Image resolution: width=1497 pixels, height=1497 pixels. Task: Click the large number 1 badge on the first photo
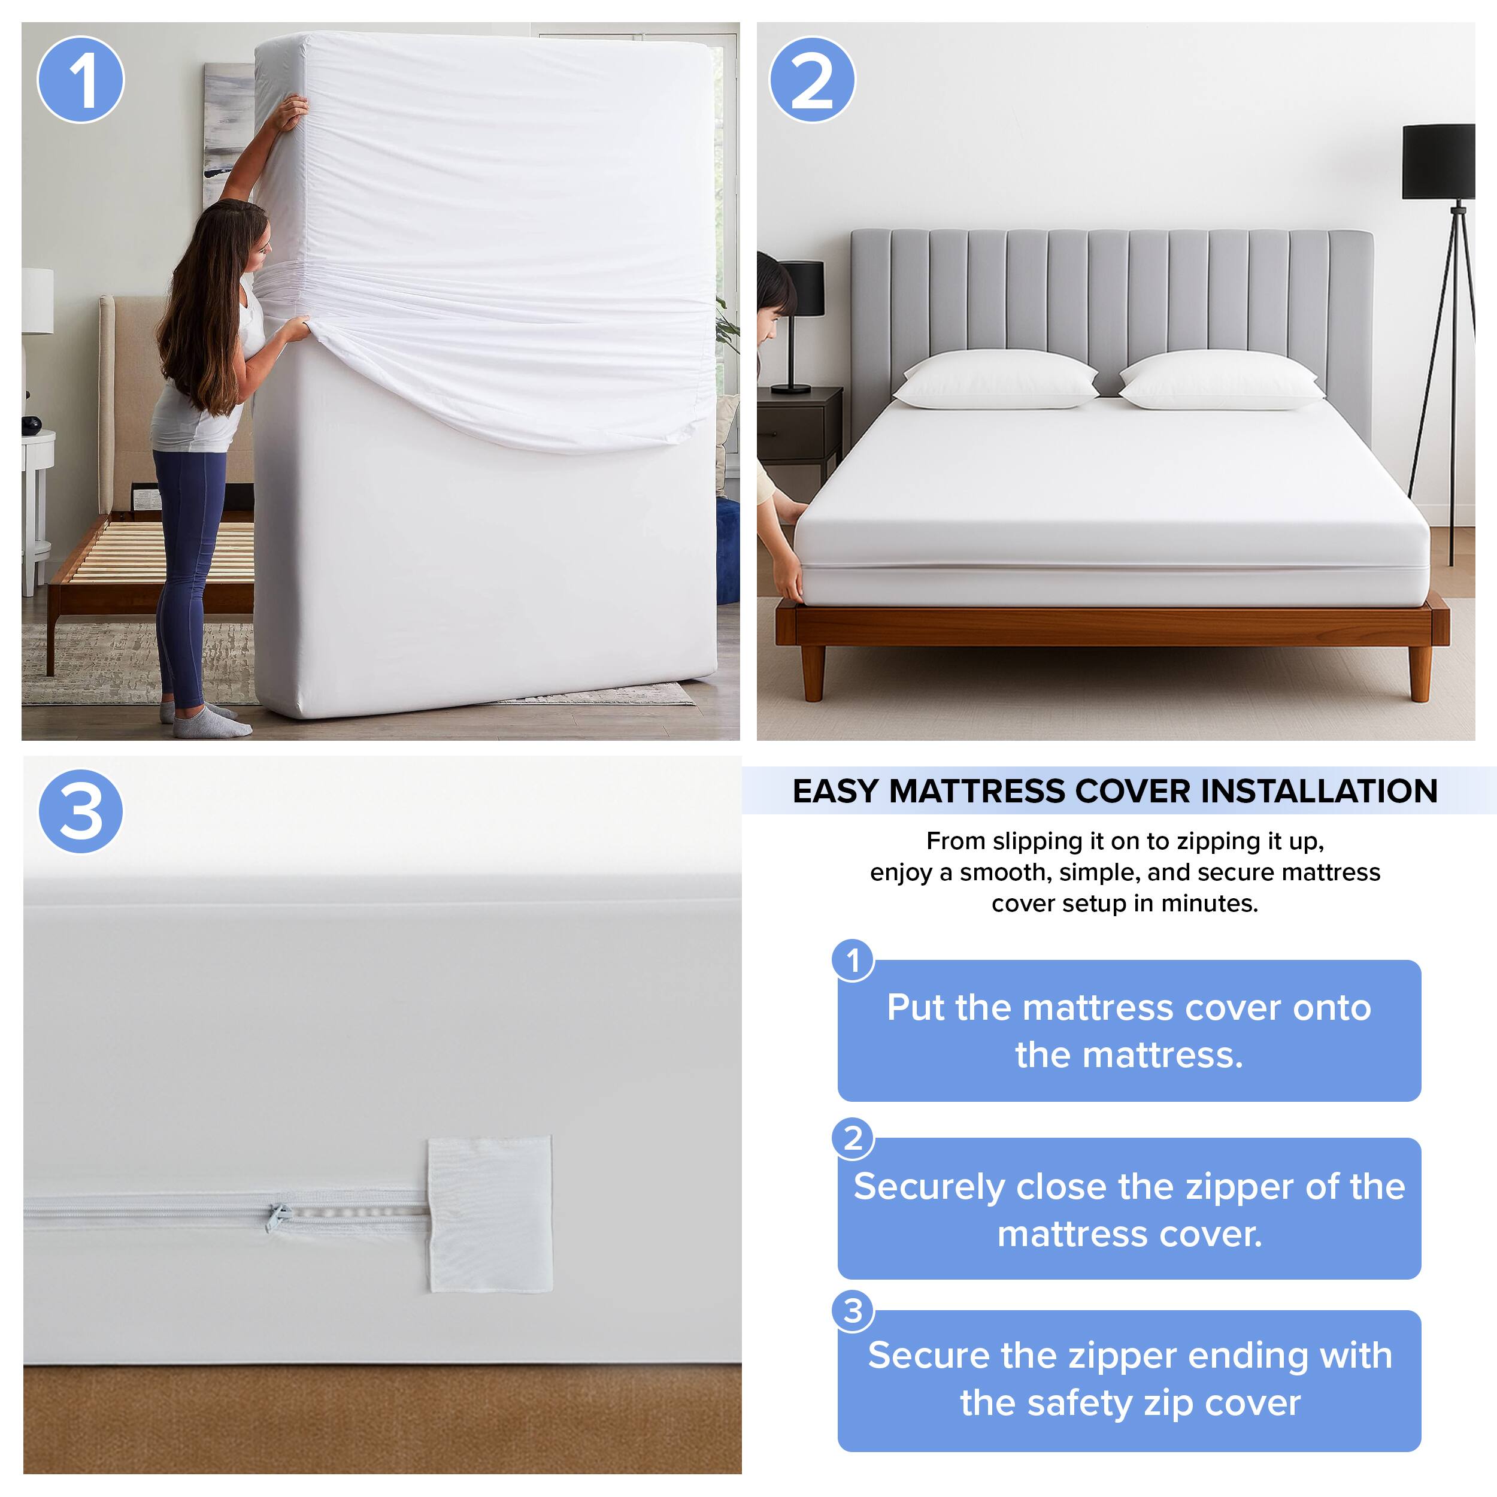(x=81, y=80)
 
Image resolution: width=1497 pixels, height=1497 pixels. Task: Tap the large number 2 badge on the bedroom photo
(x=811, y=80)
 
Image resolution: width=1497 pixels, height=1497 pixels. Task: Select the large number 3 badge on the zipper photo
(x=81, y=811)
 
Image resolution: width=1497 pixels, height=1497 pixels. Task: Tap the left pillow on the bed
(x=996, y=380)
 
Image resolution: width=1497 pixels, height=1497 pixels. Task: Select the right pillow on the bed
(x=1220, y=380)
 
